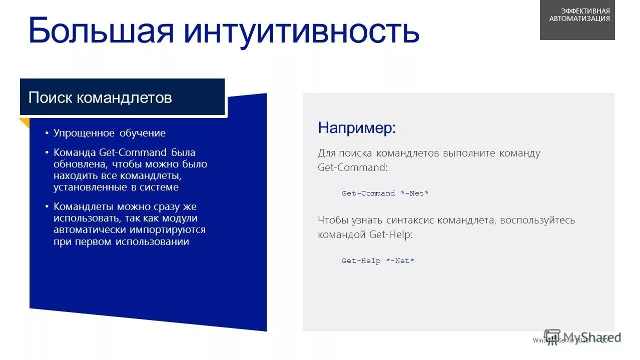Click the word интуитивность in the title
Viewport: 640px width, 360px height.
point(301,31)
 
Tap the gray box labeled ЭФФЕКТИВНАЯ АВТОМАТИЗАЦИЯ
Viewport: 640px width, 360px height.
point(577,20)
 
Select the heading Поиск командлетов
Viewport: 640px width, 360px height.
point(100,97)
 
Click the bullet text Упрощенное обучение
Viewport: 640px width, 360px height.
point(110,133)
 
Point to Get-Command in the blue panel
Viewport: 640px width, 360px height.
point(133,152)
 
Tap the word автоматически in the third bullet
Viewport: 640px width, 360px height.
point(90,230)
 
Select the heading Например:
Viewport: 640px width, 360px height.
point(357,128)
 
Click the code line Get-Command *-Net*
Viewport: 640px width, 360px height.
point(385,193)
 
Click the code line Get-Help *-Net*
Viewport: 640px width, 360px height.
point(378,261)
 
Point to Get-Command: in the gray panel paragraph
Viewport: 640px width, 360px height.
point(352,167)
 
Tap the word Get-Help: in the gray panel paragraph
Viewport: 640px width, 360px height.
point(391,234)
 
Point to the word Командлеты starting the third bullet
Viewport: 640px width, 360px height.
point(84,206)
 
